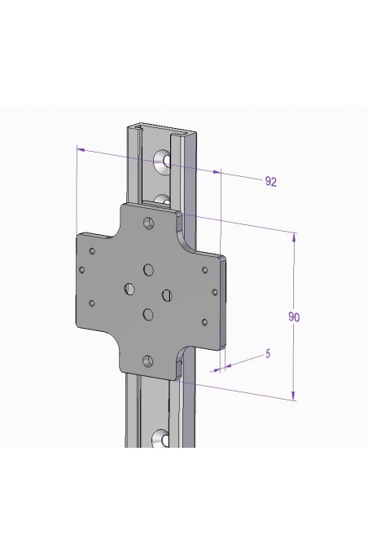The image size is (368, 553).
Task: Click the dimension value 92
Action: click(x=271, y=181)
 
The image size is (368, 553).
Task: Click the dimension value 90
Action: click(x=296, y=316)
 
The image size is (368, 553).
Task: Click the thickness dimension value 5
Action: click(x=267, y=354)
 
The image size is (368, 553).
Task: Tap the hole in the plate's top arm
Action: click(x=147, y=223)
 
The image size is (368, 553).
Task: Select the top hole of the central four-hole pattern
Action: click(x=148, y=269)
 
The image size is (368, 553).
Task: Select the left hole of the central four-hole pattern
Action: click(x=129, y=287)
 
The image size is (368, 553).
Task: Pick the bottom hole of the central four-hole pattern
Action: click(x=147, y=312)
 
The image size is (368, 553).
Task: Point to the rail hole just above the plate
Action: click(x=163, y=197)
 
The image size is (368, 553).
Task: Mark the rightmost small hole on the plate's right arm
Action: click(x=214, y=290)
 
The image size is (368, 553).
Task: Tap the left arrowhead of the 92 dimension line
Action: click(x=78, y=149)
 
